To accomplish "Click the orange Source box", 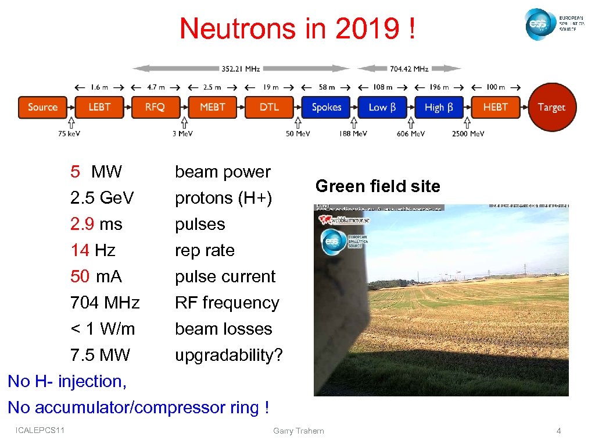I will point(42,107).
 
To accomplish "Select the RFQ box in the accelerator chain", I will point(155,107).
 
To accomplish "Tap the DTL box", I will point(269,107).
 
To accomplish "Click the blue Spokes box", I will point(326,107).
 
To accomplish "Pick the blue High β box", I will point(439,107).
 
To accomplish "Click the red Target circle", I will point(551,107).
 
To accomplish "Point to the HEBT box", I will point(495,107).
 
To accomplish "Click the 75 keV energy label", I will point(69,134).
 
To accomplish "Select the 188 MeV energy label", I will point(353,134).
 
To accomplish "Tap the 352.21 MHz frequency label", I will point(240,69).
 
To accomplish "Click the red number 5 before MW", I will point(75,172).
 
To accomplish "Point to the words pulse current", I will point(225,276).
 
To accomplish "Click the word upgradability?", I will point(229,355).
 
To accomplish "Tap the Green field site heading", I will point(377,186).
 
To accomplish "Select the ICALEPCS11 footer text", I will point(41,430).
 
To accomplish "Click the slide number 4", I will point(558,431).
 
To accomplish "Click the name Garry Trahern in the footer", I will point(298,431).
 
